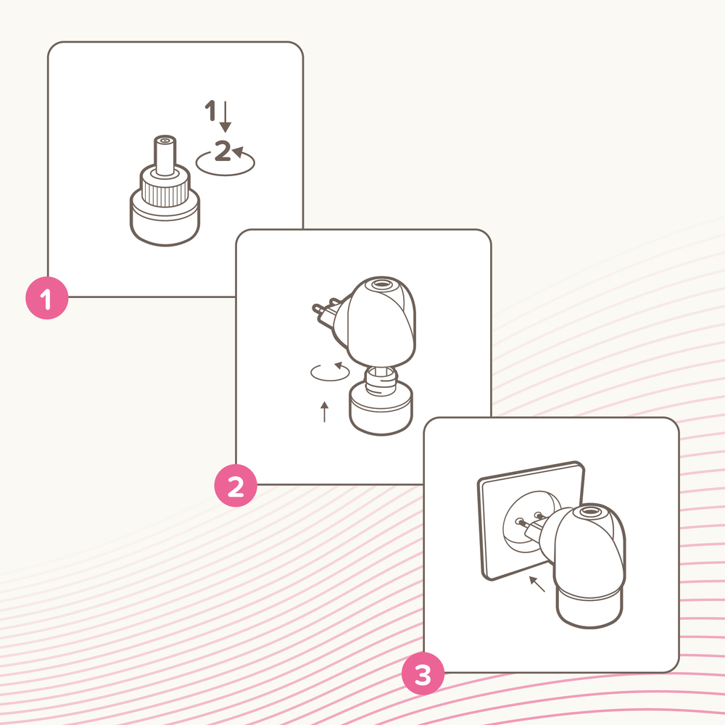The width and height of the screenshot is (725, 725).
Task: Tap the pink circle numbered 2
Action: [x=236, y=486]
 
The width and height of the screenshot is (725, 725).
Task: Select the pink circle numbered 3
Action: [x=423, y=675]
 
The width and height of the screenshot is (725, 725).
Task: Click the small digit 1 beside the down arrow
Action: [x=210, y=112]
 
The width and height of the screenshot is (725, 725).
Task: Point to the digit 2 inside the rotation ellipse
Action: [x=223, y=152]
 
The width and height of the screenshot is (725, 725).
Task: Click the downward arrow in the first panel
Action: [x=225, y=117]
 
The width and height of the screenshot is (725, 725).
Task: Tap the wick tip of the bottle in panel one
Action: [x=164, y=142]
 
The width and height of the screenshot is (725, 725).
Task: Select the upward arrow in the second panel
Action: [x=324, y=411]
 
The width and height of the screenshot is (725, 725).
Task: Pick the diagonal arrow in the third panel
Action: [x=536, y=584]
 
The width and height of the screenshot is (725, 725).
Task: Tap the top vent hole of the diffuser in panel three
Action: [x=589, y=512]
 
